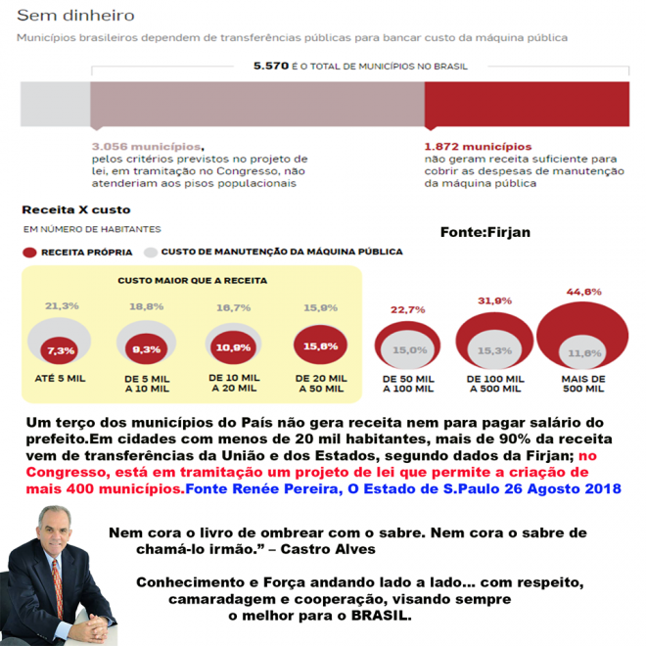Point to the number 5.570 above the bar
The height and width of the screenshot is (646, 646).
(x=270, y=67)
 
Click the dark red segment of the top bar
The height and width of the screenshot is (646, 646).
(x=526, y=105)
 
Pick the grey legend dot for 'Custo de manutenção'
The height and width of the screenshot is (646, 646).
(x=151, y=252)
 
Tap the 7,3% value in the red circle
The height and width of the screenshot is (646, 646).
(x=60, y=350)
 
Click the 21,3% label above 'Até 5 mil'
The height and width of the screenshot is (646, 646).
(x=61, y=306)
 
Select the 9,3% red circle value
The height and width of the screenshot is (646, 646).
(x=146, y=348)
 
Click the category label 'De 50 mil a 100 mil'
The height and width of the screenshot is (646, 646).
(x=408, y=384)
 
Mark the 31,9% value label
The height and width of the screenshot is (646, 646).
(x=495, y=300)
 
